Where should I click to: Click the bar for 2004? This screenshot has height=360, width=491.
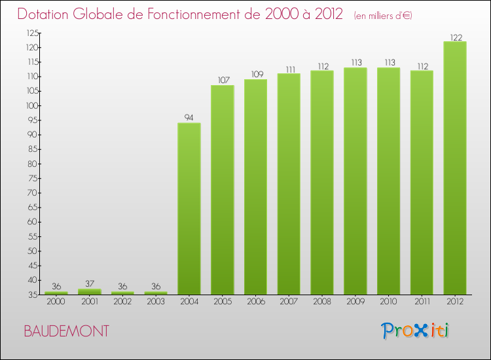click(189, 209)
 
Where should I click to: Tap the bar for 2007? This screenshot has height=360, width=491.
click(288, 184)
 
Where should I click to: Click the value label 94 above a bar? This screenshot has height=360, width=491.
click(189, 118)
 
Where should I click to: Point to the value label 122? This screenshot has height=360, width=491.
click(455, 37)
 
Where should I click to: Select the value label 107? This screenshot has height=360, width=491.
click(222, 81)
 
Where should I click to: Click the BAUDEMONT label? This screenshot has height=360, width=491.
click(66, 331)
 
